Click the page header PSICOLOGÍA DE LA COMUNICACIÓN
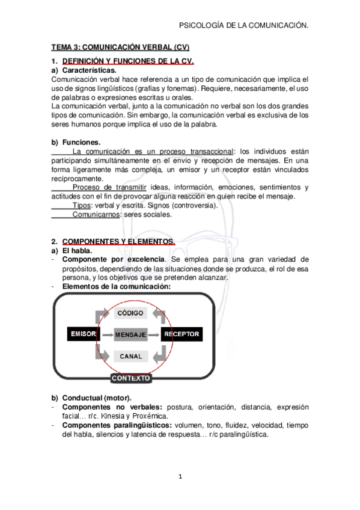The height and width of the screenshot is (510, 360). (x=244, y=26)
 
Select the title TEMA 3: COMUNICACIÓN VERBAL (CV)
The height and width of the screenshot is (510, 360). (x=120, y=47)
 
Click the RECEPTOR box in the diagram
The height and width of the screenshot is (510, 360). (x=182, y=334)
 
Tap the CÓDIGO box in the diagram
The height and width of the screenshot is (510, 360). (x=130, y=313)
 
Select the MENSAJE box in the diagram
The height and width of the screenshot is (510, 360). (x=130, y=334)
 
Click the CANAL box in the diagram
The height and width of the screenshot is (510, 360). (x=130, y=356)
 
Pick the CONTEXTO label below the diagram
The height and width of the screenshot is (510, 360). (x=130, y=378)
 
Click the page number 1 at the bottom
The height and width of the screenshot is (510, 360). (x=180, y=477)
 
